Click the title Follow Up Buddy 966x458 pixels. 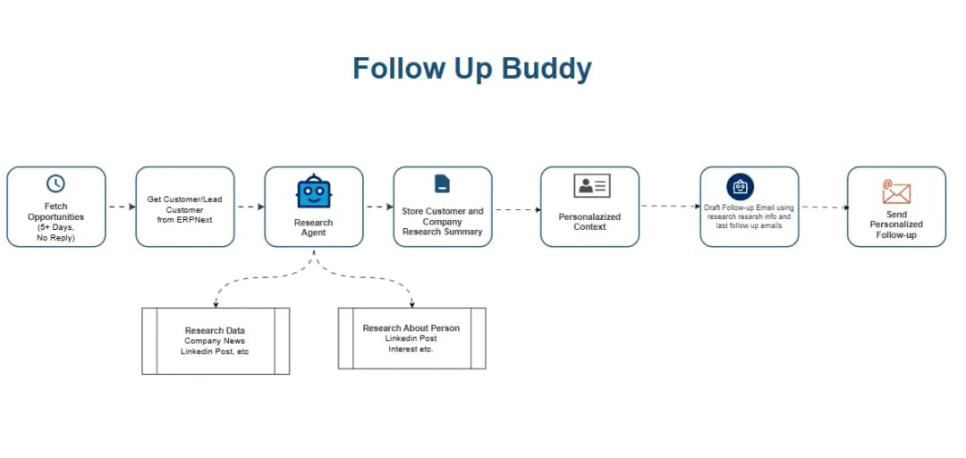(471, 69)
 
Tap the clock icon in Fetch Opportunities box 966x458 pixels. (55, 183)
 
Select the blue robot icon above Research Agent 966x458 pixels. (313, 191)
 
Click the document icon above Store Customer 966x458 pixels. (442, 183)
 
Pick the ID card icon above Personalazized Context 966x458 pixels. (590, 186)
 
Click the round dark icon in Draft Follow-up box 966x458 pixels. (740, 186)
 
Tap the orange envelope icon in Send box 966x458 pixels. (895, 191)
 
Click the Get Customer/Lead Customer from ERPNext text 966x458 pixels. (184, 209)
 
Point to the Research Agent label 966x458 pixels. (313, 227)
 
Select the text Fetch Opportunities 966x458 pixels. (55, 211)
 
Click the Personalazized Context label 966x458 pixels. (589, 222)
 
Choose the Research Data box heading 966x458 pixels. (215, 330)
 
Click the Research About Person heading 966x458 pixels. (411, 328)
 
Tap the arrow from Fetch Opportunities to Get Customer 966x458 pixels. (121, 207)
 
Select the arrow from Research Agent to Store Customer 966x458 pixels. (378, 207)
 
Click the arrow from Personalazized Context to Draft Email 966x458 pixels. (671, 207)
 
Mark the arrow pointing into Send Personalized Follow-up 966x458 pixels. (823, 207)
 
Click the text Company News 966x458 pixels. (215, 341)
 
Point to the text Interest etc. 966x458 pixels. (411, 349)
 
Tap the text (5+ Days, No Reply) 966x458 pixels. (55, 233)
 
